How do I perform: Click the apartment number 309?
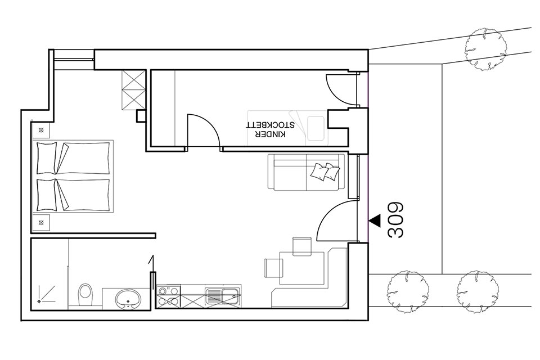(395, 219)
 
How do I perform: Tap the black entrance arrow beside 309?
(375, 220)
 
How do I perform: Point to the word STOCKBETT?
(270, 125)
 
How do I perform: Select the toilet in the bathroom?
(85, 295)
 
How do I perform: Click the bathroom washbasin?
(128, 299)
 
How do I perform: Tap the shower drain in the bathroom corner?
(39, 301)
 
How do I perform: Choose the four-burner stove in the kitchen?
(168, 296)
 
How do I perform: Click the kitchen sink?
(223, 296)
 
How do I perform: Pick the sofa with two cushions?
(306, 172)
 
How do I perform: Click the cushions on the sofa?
(325, 172)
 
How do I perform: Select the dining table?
(302, 268)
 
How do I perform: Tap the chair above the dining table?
(302, 246)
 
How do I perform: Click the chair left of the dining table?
(273, 268)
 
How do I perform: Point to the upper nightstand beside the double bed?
(41, 130)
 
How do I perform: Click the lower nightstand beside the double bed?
(41, 222)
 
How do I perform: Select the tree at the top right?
(486, 48)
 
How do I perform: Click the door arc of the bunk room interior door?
(209, 123)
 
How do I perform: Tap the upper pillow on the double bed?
(46, 158)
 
